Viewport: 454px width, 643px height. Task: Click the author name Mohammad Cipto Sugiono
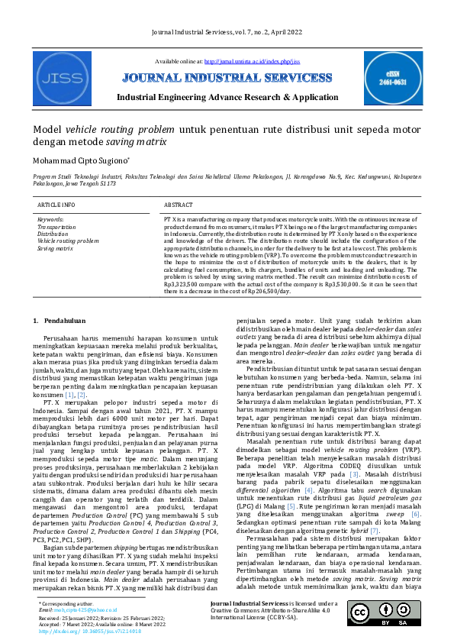[85, 161]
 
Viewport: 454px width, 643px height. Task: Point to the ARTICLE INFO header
[56, 205]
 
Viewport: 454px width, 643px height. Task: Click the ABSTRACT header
[179, 205]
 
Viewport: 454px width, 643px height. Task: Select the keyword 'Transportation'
[57, 227]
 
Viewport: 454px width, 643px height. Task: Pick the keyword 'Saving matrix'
[56, 247]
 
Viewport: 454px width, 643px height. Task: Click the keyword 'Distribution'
[53, 234]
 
